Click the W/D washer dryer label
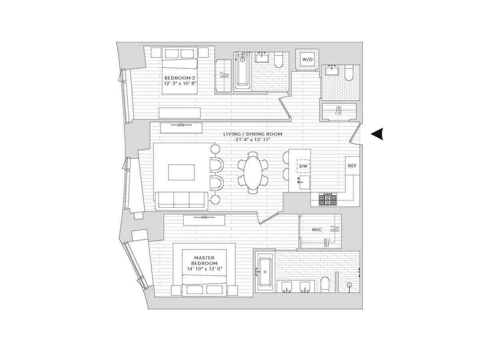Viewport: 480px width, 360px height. (x=307, y=59)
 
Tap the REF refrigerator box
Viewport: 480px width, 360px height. (x=352, y=166)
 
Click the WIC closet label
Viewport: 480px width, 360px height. (x=317, y=230)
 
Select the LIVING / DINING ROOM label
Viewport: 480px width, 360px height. (x=252, y=134)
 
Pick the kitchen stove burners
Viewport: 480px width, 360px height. (x=328, y=199)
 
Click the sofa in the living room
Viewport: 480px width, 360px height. (x=182, y=200)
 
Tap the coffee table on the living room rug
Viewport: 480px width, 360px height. (x=182, y=172)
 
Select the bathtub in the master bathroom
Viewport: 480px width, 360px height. (x=264, y=272)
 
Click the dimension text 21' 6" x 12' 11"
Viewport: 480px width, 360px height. (x=252, y=140)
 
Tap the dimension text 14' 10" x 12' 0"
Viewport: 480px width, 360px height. (x=205, y=269)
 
